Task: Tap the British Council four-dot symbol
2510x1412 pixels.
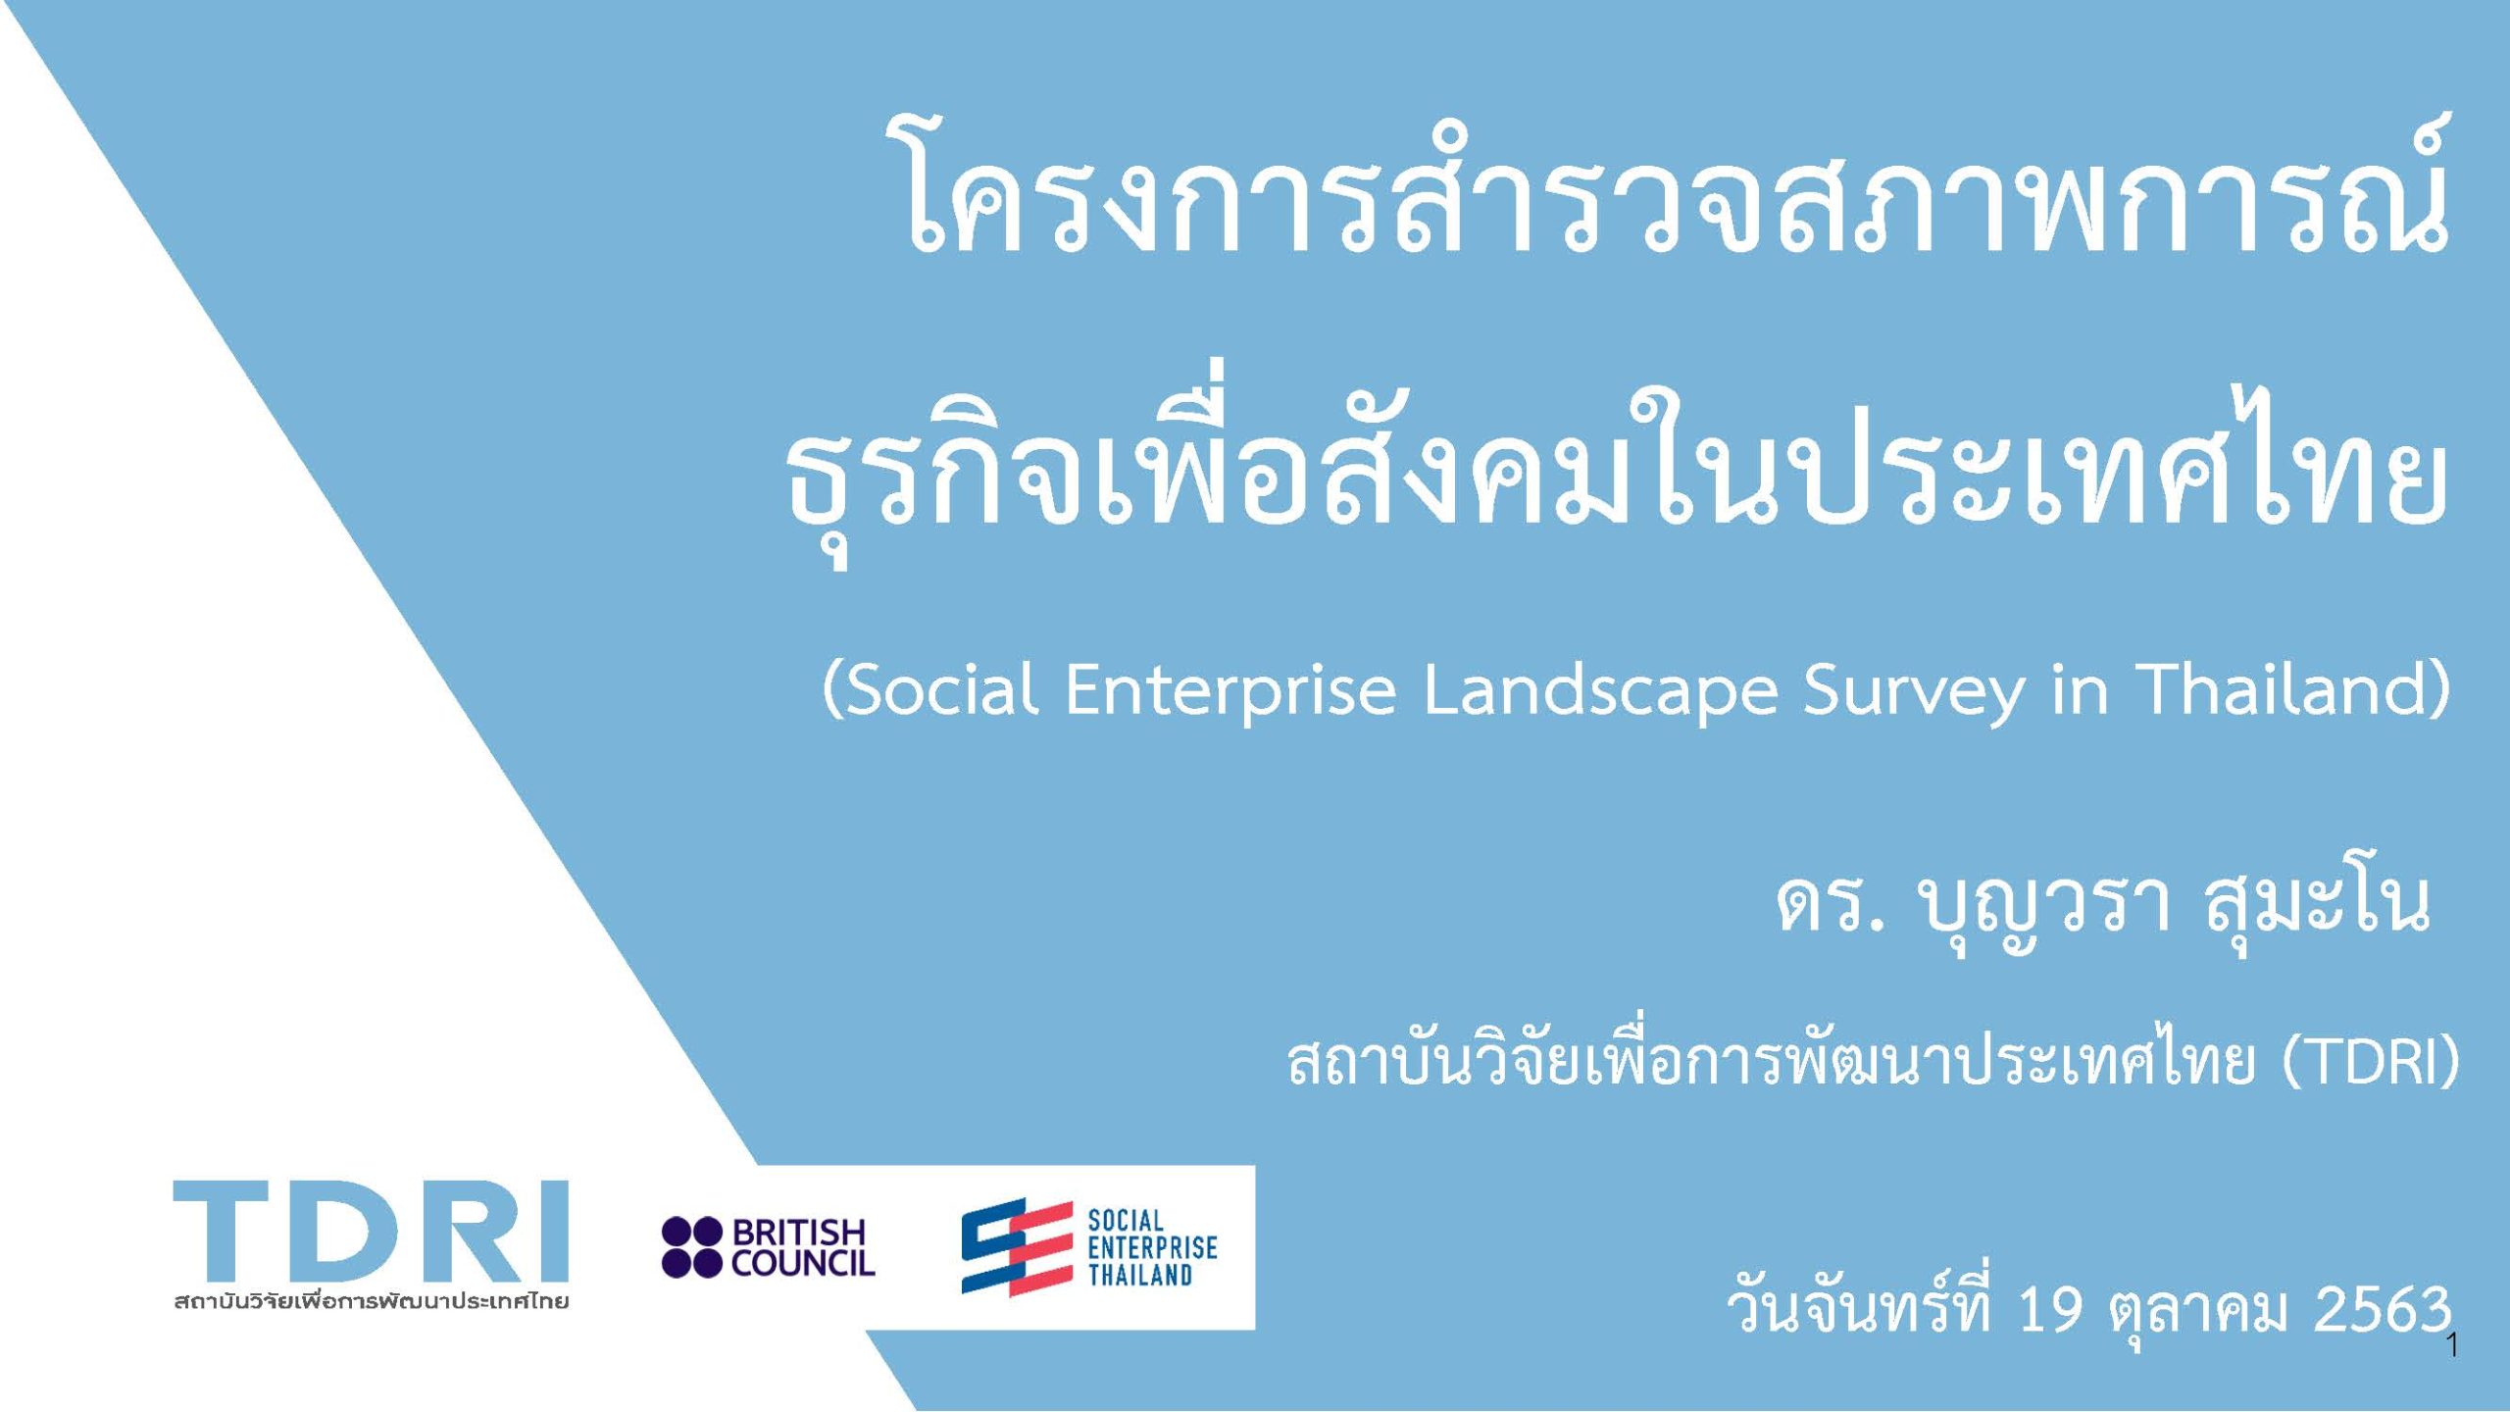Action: tap(692, 1247)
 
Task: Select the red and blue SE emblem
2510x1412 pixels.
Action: tap(1016, 1247)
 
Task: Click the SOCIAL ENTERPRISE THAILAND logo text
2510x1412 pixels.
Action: tap(1153, 1247)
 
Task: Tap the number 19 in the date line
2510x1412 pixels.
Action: tap(2050, 1309)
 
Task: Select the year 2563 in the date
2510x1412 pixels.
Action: tap(2383, 1309)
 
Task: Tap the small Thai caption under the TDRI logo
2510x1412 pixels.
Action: tap(371, 1302)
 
